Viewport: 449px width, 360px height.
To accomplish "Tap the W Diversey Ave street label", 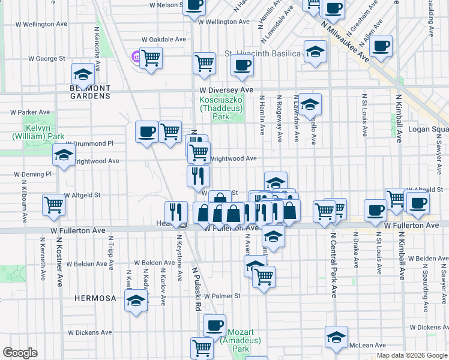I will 227,89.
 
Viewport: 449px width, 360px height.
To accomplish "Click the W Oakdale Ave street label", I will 164,40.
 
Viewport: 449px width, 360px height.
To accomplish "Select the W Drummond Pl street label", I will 89,144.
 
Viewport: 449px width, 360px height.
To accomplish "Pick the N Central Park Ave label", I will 333,265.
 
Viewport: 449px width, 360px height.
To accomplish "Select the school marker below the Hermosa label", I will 137,300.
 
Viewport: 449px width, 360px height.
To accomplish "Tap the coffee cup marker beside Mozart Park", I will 214,326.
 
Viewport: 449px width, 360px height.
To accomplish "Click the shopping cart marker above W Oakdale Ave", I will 151,58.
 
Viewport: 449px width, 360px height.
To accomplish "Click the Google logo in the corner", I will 20,353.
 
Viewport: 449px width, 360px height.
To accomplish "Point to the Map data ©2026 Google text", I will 412,356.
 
